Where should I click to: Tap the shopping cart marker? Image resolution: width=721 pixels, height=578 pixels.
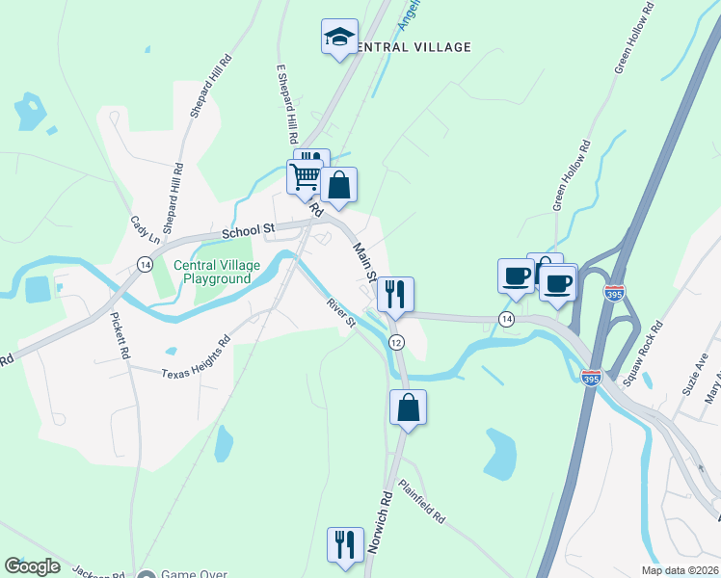tap(306, 177)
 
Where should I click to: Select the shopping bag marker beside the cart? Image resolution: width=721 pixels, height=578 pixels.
tap(339, 185)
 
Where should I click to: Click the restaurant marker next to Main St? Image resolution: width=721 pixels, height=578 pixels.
tap(395, 294)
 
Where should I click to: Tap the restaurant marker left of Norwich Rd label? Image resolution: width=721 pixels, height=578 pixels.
tap(344, 544)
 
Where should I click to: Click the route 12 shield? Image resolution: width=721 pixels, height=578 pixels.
tap(396, 343)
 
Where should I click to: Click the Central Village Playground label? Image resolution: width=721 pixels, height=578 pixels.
tap(212, 272)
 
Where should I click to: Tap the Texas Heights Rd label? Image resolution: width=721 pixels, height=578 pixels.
tap(197, 357)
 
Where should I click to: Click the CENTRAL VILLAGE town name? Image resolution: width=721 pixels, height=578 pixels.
tap(413, 47)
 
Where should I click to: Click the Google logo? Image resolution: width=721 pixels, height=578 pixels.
tap(32, 566)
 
